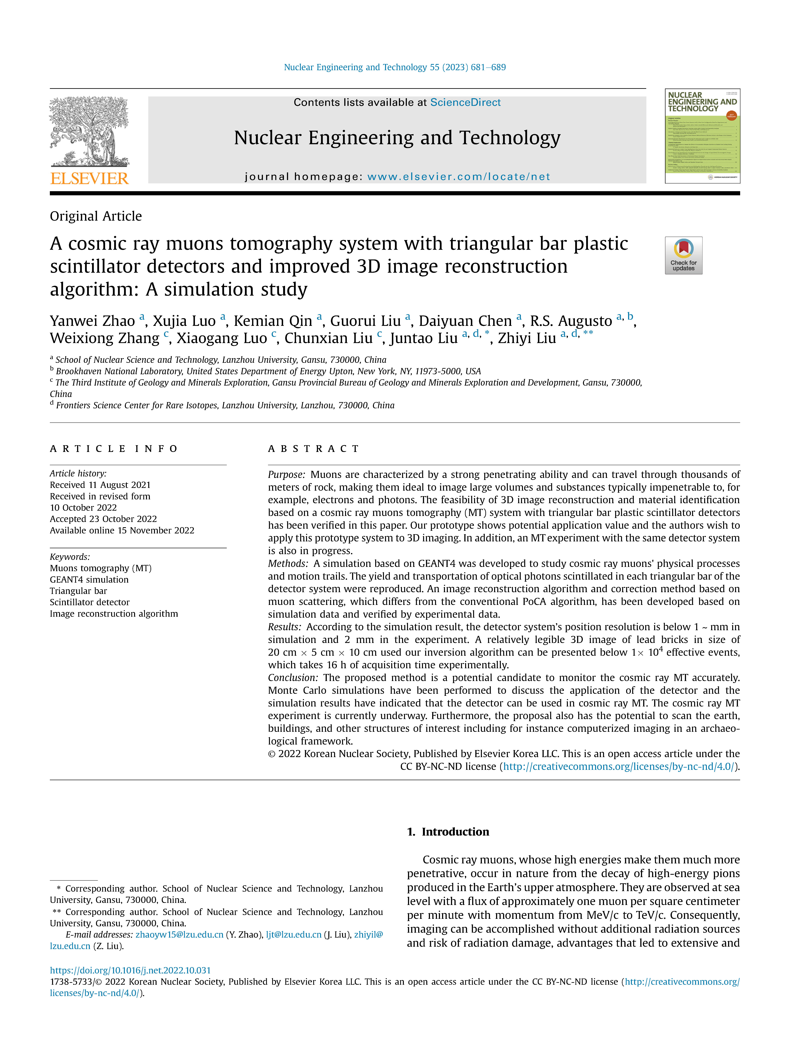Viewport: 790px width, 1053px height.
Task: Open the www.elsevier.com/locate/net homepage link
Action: tap(459, 177)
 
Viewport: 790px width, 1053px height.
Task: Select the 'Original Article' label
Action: tap(96, 216)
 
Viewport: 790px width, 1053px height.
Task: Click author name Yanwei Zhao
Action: tap(92, 321)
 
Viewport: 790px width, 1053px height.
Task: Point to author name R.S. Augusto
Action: tap(571, 321)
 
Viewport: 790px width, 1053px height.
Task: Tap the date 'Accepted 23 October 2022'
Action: tap(103, 519)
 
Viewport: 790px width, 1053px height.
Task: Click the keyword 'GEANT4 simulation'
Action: tap(89, 579)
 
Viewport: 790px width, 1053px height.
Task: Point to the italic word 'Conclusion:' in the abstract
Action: tap(293, 677)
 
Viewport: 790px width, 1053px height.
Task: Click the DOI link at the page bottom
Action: tap(130, 970)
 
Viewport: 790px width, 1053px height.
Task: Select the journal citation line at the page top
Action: tap(395, 67)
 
